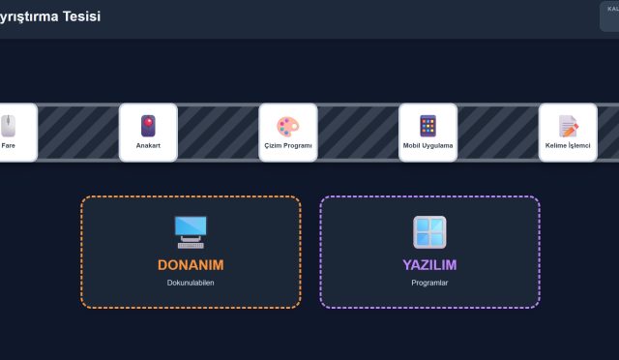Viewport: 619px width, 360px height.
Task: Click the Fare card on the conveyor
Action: tap(12, 133)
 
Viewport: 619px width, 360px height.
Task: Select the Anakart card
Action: tap(148, 133)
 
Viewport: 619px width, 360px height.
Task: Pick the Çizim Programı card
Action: tap(288, 133)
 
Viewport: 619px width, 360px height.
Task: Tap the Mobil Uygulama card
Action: tap(427, 133)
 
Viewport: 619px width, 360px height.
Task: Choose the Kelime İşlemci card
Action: tap(568, 133)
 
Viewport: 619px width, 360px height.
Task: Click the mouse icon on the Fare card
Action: tap(9, 126)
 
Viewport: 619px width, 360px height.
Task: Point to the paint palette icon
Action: tap(288, 126)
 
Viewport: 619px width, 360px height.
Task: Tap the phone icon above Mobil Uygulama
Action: tap(427, 126)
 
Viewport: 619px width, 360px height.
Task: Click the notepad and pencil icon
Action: tap(568, 126)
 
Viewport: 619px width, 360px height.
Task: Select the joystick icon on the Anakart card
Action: tap(148, 126)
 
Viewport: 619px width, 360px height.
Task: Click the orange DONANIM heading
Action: tap(191, 264)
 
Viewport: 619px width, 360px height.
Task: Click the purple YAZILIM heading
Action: tap(429, 264)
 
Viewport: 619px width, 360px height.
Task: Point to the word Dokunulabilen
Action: tap(191, 283)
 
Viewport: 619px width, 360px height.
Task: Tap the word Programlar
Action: tap(429, 283)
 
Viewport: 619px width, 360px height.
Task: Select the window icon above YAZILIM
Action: tap(429, 232)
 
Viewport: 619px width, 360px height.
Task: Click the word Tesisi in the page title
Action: tap(78, 16)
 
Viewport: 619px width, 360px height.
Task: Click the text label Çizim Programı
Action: tap(288, 146)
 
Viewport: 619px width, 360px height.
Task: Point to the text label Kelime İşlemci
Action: tap(568, 146)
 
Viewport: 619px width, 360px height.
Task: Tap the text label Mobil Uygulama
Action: tap(427, 146)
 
